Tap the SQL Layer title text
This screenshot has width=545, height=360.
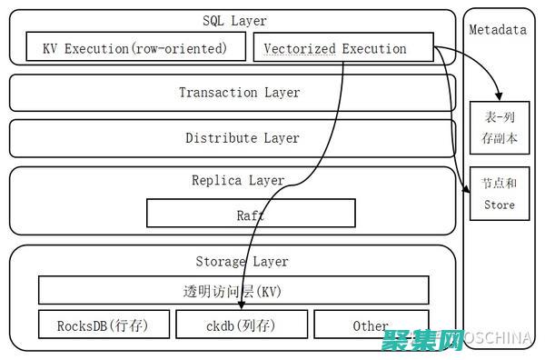233,20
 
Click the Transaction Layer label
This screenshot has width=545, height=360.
238,93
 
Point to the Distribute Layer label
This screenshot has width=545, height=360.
242,138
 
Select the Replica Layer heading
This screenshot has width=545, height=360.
238,181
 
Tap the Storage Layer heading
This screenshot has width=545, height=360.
242,261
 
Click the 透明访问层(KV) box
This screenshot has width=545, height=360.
233,290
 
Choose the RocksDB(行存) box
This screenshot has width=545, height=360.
102,325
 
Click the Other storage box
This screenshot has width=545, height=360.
370,325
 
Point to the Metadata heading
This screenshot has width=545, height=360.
497,30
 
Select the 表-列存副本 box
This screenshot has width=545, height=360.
498,126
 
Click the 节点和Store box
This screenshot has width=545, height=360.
498,194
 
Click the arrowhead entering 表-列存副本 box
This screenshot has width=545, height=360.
497,98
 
